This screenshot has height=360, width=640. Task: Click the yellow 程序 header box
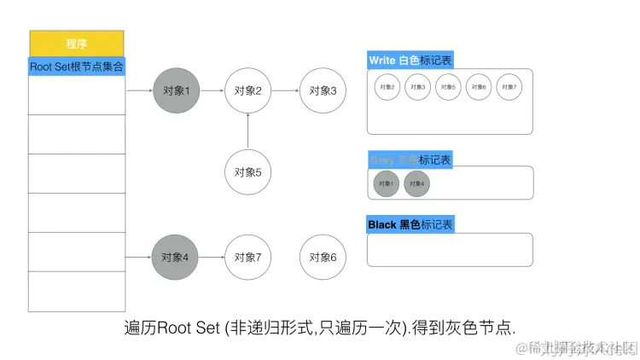coord(77,44)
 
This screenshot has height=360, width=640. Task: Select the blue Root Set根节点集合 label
coord(77,66)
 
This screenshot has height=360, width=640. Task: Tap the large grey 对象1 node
coord(176,90)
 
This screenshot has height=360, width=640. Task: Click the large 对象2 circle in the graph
coord(247,90)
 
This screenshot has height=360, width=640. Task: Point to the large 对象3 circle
coord(323,90)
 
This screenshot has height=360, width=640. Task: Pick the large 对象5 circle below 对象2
coord(247,171)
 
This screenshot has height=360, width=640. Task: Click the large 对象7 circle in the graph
coord(247,255)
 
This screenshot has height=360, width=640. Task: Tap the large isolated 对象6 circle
coord(323,255)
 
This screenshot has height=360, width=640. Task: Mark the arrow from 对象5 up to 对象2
coord(247,130)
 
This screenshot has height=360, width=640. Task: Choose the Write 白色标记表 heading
coord(410,61)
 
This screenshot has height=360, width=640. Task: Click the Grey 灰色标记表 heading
coord(410,160)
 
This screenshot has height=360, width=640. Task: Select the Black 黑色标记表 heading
coord(410,224)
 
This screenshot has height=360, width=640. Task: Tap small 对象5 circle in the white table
coord(448,87)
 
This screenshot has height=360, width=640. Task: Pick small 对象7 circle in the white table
coord(509,87)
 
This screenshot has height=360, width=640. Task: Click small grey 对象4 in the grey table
coord(417,183)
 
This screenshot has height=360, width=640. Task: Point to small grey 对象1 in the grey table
coord(387,183)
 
